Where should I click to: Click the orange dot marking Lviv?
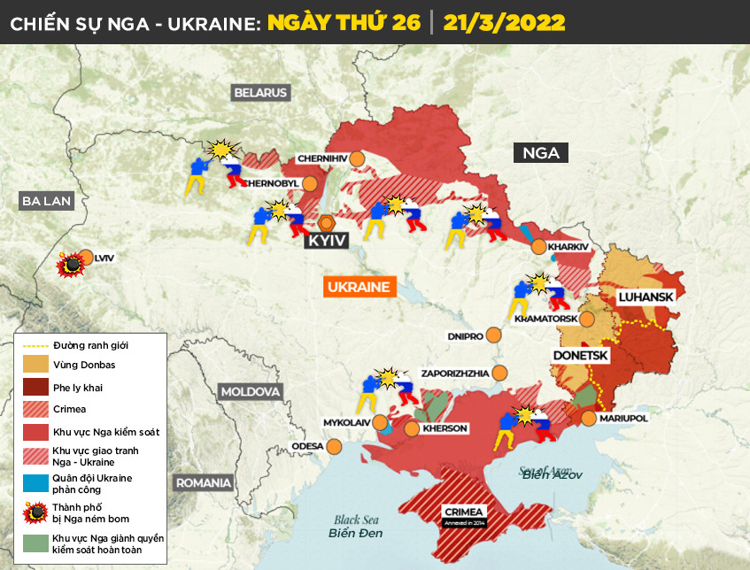point(86,258)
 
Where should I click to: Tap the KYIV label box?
point(325,240)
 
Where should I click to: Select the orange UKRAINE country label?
point(359,288)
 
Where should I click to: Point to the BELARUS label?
point(261,92)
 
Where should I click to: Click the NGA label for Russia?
point(540,153)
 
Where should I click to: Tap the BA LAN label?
point(45,202)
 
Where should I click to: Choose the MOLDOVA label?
point(250,391)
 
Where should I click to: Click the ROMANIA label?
point(204,483)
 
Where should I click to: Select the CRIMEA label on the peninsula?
point(464,512)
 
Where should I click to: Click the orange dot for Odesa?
point(334,446)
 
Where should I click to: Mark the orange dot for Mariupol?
point(589,417)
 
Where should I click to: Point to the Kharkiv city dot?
point(538,247)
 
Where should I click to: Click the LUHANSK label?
point(646,297)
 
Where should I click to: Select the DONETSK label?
point(580,355)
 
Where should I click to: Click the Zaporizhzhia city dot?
point(501,373)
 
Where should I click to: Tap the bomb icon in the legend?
point(35,512)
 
